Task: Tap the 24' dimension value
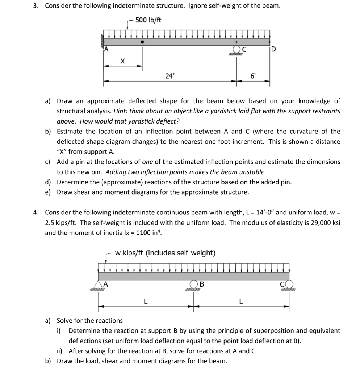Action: click(169, 76)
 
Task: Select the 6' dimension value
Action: click(253, 76)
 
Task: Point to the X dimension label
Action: click(122, 62)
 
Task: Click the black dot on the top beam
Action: click(142, 42)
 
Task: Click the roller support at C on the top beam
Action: click(237, 50)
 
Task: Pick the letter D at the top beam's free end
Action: click(273, 50)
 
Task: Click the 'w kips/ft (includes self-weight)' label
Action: click(165, 253)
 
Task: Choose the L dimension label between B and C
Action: click(241, 301)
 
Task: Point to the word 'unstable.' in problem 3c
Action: click(253, 172)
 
